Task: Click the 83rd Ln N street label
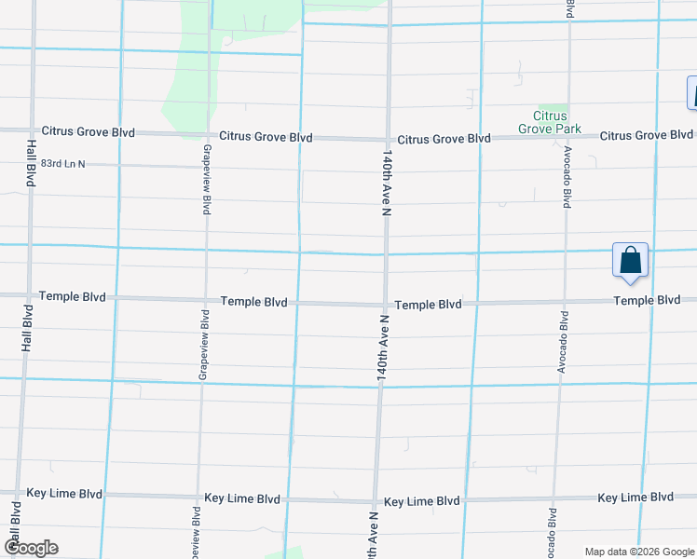pos(63,164)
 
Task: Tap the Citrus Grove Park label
pos(550,121)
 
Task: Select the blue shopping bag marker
pos(630,260)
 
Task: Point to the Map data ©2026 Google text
pos(638,552)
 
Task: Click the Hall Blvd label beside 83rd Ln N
pos(31,164)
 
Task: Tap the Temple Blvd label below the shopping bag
pos(647,300)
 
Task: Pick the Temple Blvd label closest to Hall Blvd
pos(73,296)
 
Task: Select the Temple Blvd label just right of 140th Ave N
pos(428,305)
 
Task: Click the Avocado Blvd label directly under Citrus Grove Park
pos(566,177)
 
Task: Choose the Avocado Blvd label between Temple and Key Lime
pos(562,337)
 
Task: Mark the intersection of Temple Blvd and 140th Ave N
pos(385,304)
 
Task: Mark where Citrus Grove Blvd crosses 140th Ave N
pos(388,138)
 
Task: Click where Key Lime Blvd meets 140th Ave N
pos(376,500)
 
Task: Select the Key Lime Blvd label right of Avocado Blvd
pos(635,498)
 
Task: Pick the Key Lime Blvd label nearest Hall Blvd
pos(64,493)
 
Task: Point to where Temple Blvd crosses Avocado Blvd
pos(563,302)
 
